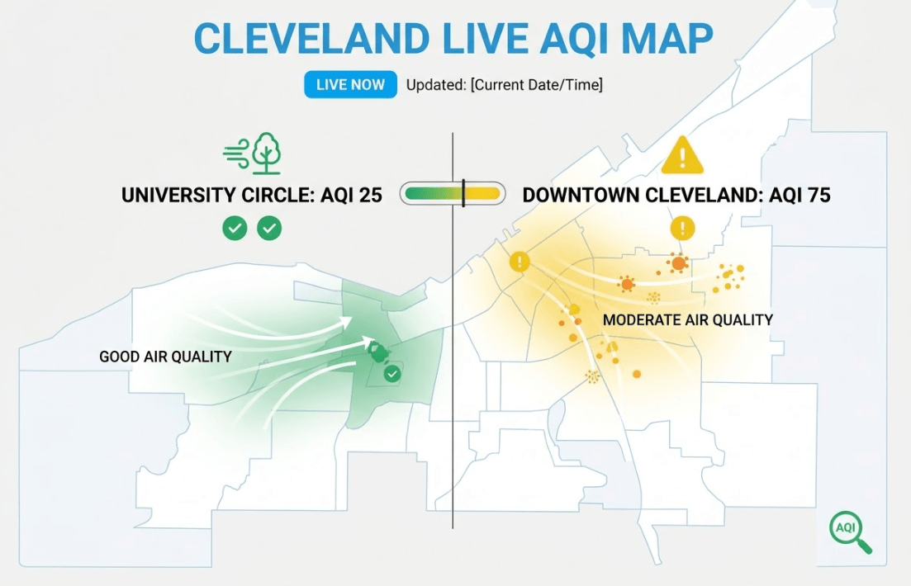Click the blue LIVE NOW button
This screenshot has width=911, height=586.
[350, 85]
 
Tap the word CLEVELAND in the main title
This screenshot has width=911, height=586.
[311, 39]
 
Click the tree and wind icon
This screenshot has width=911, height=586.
[253, 154]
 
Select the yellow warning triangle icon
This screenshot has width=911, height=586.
[682, 156]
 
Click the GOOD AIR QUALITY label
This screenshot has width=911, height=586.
[165, 357]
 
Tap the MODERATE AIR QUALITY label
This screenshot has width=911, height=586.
[688, 320]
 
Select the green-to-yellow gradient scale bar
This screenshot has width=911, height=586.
[453, 194]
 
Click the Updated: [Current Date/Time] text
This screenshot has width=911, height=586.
[505, 85]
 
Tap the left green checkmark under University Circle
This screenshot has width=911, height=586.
[235, 229]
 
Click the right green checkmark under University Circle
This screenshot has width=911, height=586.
[269, 229]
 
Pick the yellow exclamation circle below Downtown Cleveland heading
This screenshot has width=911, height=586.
[683, 228]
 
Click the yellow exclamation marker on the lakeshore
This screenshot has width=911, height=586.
[520, 262]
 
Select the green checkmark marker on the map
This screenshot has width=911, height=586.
[393, 373]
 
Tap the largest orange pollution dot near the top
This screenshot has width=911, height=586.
[678, 263]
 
